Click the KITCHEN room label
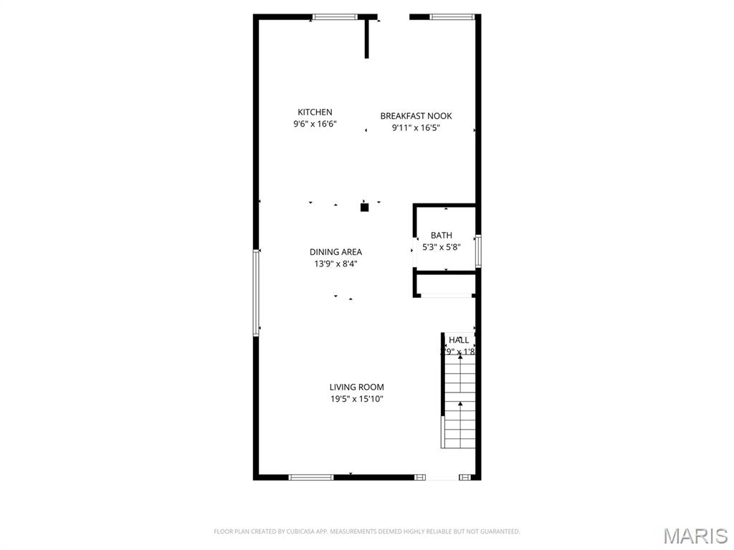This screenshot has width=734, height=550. click(x=315, y=112)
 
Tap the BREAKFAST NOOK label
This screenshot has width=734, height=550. click(x=416, y=116)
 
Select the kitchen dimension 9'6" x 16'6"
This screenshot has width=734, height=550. click(x=315, y=124)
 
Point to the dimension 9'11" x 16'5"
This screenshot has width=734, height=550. click(x=416, y=128)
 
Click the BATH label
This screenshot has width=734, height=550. click(x=442, y=235)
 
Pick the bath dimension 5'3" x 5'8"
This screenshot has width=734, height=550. click(x=442, y=247)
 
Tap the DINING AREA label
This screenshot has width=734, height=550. click(x=335, y=251)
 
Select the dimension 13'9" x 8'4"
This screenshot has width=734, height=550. click(x=335, y=264)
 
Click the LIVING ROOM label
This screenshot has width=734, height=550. click(x=356, y=387)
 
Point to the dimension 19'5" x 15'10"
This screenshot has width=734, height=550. click(x=356, y=399)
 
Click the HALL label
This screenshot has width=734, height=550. click(x=459, y=339)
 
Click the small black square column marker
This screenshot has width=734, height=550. click(x=364, y=208)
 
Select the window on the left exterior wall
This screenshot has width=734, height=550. click(x=256, y=292)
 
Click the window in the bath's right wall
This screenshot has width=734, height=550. click(x=478, y=251)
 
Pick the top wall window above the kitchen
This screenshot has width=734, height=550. click(x=335, y=16)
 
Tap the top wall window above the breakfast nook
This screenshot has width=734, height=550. click(x=452, y=16)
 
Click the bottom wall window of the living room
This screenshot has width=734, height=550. click(x=310, y=477)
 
